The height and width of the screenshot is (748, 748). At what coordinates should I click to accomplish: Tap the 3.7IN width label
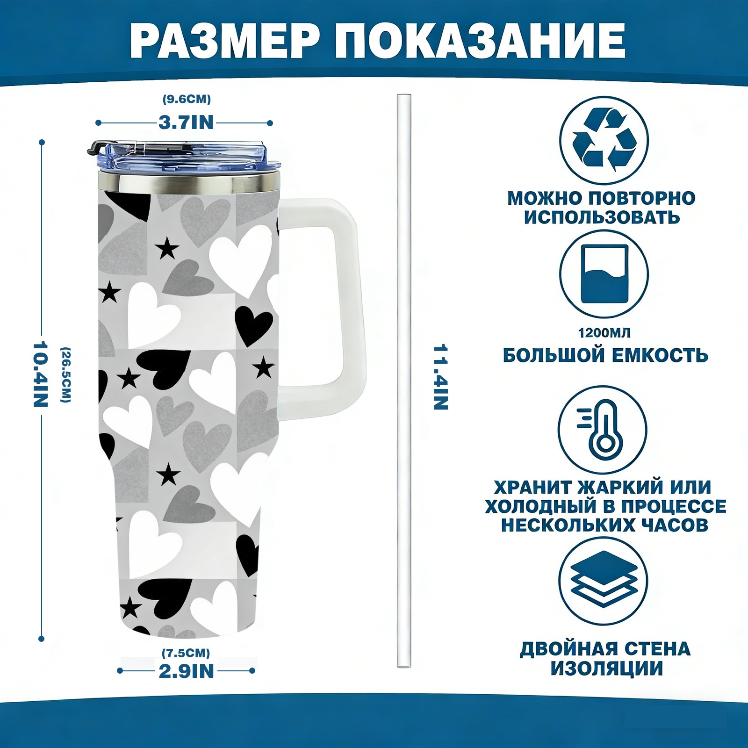[186, 122]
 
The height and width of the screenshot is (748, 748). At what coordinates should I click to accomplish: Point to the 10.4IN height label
[41, 374]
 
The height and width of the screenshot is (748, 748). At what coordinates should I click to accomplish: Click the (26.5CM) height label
[66, 374]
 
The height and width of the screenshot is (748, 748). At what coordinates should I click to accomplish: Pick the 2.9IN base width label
[186, 671]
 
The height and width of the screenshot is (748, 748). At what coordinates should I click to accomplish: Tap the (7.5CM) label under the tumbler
[186, 653]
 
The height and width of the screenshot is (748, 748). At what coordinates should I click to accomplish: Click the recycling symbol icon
[604, 140]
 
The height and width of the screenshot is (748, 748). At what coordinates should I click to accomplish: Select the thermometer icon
[603, 429]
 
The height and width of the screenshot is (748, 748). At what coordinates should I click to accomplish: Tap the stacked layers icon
[604, 582]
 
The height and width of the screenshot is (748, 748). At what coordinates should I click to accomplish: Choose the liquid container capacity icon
[604, 274]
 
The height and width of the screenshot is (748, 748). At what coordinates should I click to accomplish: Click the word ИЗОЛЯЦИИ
[606, 669]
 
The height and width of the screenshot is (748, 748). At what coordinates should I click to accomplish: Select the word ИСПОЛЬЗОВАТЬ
[602, 217]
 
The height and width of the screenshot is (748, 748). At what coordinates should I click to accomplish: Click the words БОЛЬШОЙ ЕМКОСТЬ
[605, 356]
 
